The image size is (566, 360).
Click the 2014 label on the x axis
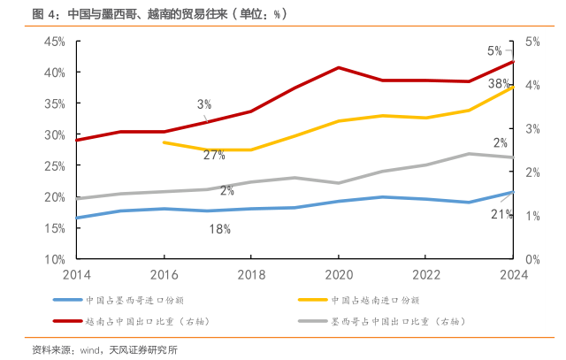pyautogui.click(x=77, y=274)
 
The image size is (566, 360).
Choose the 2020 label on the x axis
pyautogui.click(x=339, y=274)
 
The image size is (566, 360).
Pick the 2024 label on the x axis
pyautogui.click(x=512, y=274)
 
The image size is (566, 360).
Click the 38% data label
pyautogui.click(x=499, y=84)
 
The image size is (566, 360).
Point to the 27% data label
pyautogui.click(x=213, y=155)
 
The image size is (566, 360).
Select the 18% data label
pyautogui.click(x=219, y=229)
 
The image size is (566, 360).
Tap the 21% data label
pyautogui.click(x=501, y=214)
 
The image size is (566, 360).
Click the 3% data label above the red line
pyautogui.click(x=204, y=104)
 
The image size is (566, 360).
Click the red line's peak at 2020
pyautogui.click(x=339, y=67)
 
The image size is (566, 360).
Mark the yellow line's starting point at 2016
pyautogui.click(x=164, y=142)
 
